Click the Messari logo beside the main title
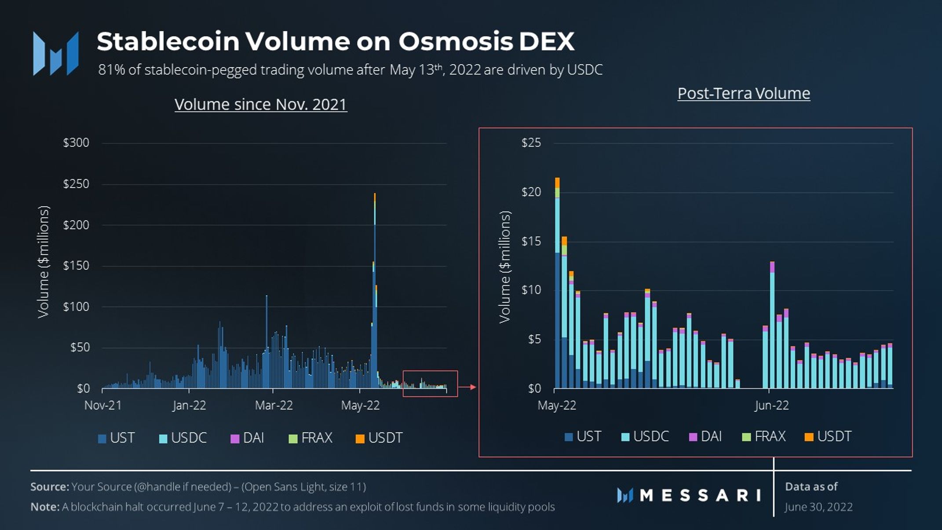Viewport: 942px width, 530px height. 56,53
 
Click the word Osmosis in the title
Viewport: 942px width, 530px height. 456,41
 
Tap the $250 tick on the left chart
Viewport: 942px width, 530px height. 76,184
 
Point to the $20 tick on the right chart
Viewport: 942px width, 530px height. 531,192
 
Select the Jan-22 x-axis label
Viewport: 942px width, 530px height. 189,405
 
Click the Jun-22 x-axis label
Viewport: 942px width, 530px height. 771,405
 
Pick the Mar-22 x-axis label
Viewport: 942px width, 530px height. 274,405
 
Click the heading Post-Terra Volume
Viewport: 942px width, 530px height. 744,93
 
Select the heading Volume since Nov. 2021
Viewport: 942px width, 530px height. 261,105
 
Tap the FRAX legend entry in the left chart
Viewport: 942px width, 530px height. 310,438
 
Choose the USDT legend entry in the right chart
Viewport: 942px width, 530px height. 828,436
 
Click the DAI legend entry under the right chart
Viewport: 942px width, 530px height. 705,436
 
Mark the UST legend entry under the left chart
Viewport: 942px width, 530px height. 116,438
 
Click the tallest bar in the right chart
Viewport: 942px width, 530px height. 557,283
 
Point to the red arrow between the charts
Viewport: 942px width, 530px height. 467,387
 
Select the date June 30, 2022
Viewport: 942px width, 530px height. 818,507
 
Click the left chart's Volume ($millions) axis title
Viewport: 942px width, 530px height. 43,262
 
